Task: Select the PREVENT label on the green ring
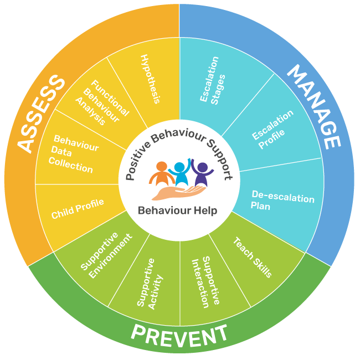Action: pyautogui.click(x=179, y=335)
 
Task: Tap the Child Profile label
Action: pyautogui.click(x=78, y=209)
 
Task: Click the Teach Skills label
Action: pyautogui.click(x=253, y=257)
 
